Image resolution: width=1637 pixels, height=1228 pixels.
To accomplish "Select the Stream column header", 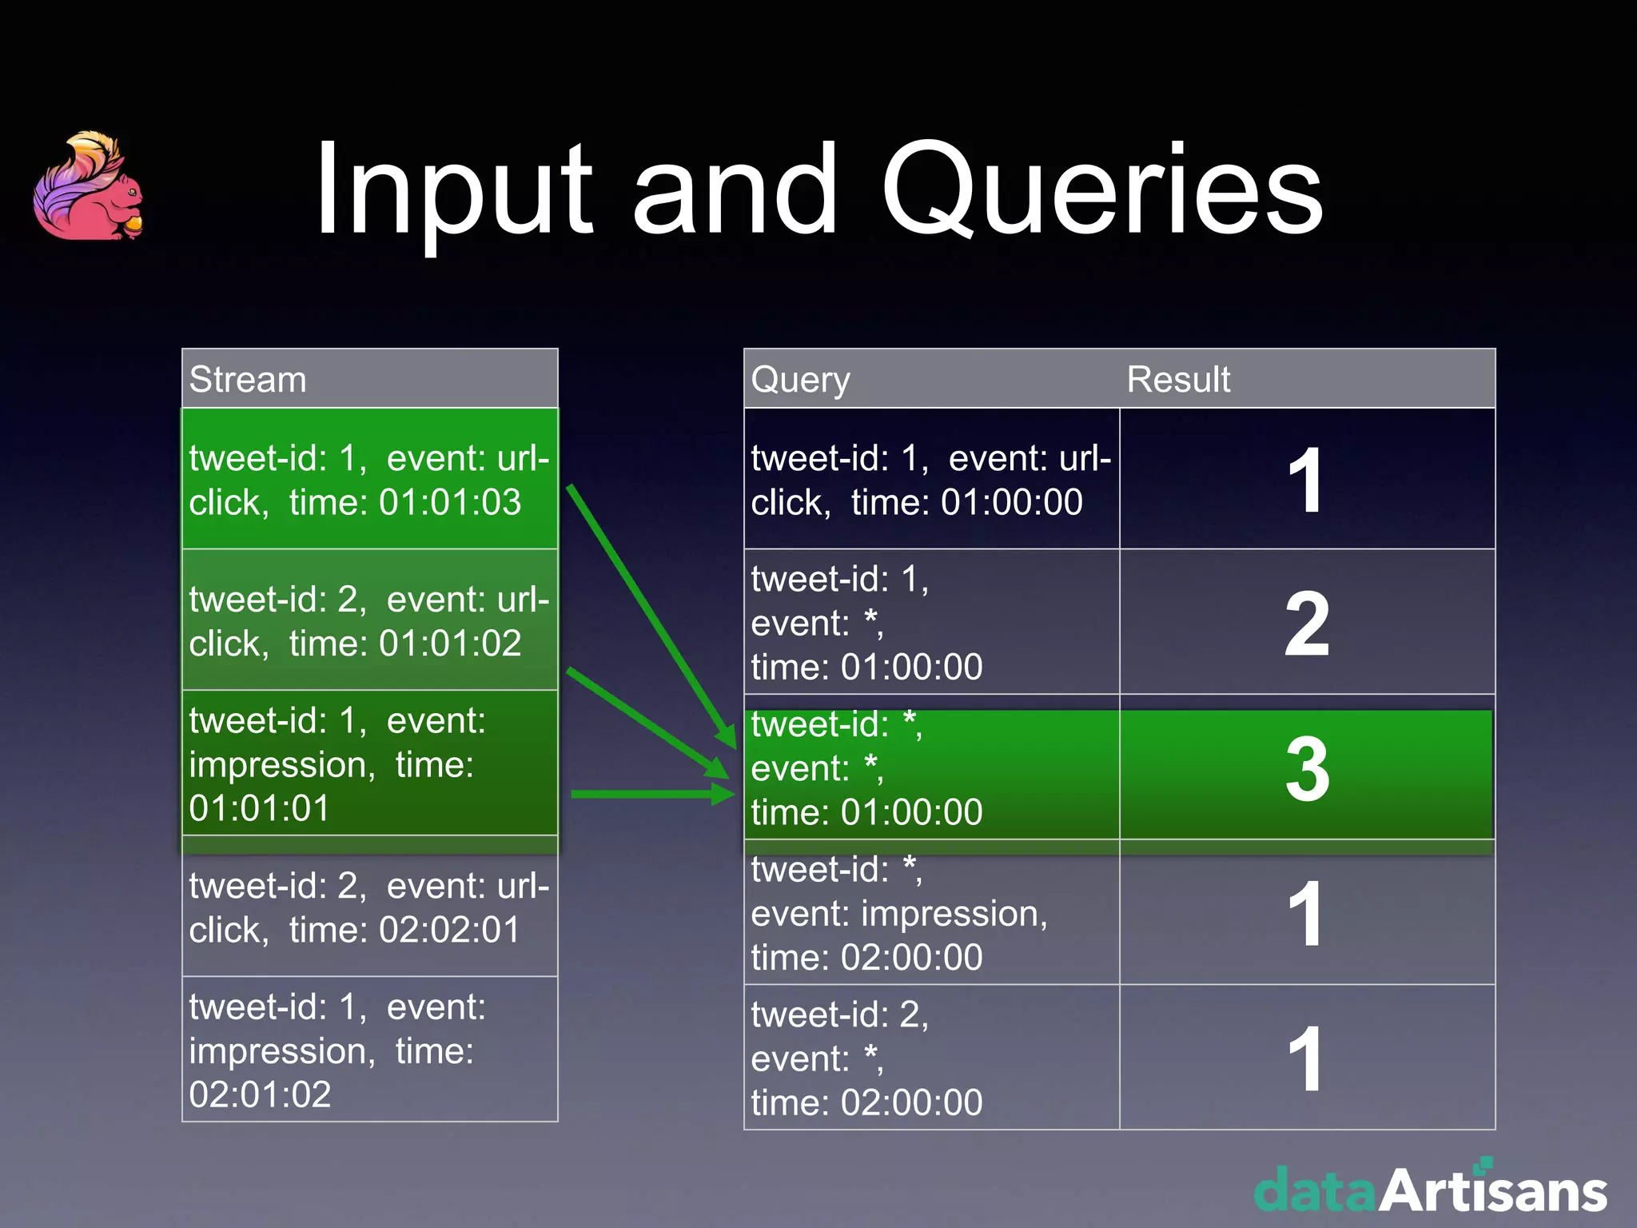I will point(248,379).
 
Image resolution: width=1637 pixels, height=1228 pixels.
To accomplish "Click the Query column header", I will point(800,379).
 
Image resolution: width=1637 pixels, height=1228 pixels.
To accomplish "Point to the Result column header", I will point(1177,379).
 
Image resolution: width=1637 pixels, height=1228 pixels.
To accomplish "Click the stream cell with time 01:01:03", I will point(369,480).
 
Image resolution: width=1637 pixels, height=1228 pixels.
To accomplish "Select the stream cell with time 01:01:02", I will point(369,620).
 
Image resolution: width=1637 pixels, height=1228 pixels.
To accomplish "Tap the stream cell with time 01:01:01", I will point(369,764).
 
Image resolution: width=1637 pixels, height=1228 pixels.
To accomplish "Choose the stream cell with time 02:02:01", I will point(369,907).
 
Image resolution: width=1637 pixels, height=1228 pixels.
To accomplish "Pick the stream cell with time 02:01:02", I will point(369,1050).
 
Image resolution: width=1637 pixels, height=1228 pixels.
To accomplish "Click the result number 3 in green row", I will point(1307,769).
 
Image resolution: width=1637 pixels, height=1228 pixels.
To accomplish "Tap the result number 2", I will point(1307,624).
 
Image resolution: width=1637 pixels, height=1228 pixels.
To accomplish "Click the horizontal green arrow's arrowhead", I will point(724,794).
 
